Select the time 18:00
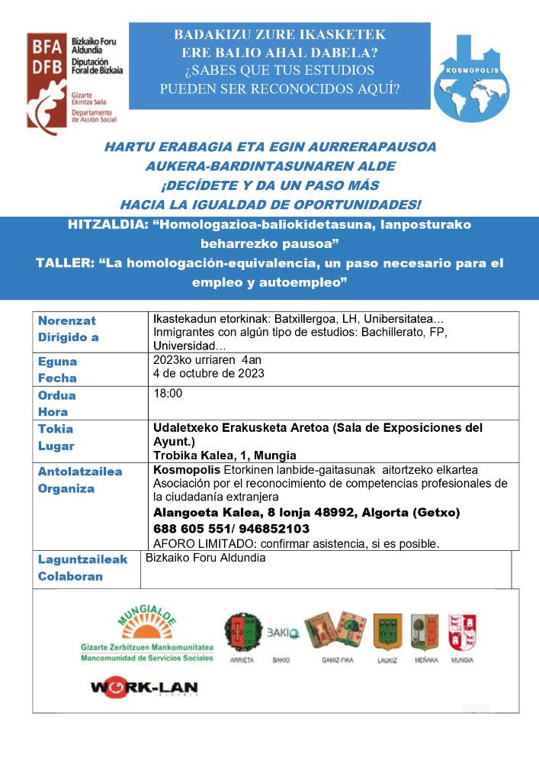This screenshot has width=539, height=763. (168, 394)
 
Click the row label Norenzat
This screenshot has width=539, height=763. (66, 320)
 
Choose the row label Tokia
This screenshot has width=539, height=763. (56, 429)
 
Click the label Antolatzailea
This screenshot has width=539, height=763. (80, 472)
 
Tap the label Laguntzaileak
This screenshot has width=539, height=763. (83, 560)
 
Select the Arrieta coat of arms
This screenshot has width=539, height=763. (242, 633)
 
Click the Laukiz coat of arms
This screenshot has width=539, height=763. (387, 633)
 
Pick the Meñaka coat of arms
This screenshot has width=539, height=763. (425, 633)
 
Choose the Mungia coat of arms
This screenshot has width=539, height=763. (463, 633)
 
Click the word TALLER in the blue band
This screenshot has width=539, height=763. (63, 263)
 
